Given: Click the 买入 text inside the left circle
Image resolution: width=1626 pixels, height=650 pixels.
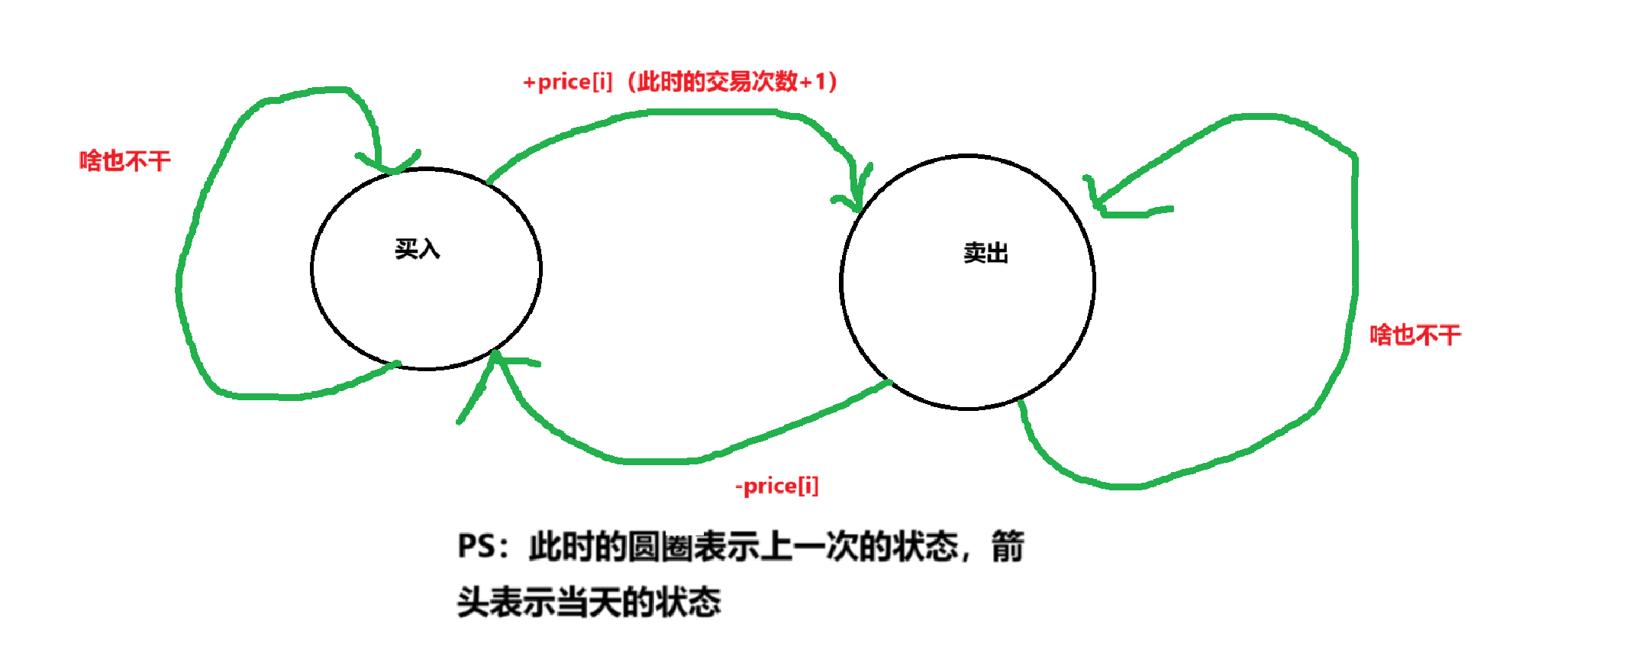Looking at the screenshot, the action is (417, 249).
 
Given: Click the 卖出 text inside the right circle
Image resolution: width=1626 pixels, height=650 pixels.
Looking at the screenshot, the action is (986, 253).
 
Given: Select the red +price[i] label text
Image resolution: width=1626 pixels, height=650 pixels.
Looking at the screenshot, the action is (567, 82).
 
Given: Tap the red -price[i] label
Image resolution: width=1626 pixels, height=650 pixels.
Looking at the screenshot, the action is (776, 486).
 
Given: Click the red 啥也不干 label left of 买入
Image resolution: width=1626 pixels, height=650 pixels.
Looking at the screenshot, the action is (125, 161).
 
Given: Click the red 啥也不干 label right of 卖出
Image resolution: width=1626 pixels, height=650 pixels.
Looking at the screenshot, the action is (1415, 335).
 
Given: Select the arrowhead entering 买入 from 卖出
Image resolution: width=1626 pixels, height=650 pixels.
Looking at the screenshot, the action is (497, 359).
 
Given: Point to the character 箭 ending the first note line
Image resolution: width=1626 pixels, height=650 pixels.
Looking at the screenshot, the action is (1008, 547).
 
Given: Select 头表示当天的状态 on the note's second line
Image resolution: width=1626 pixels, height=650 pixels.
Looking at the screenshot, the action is (589, 602).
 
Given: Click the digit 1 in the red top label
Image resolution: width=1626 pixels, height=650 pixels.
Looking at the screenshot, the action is (821, 82).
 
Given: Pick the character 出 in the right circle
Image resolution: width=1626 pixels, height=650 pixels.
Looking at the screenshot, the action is (997, 253).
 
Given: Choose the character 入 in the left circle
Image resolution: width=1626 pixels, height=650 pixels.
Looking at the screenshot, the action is (428, 249).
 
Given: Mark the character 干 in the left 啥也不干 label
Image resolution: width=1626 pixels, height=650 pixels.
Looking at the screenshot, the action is (160, 161).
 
